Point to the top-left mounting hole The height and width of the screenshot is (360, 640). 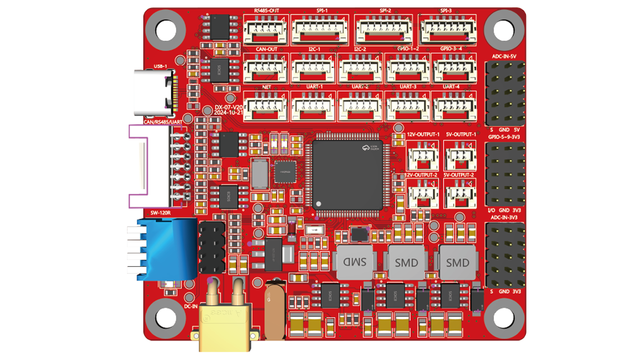pyautogui.click(x=166, y=30)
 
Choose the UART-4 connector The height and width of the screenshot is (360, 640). pyautogui.click(x=452, y=106)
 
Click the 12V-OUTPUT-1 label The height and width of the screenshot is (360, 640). pyautogui.click(x=423, y=135)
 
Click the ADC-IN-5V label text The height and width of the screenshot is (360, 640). pyautogui.click(x=504, y=57)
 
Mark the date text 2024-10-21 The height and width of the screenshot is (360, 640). pyautogui.click(x=229, y=112)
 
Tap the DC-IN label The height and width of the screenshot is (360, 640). pyautogui.click(x=190, y=306)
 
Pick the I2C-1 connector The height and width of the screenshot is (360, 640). pyautogui.click(x=313, y=69)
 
